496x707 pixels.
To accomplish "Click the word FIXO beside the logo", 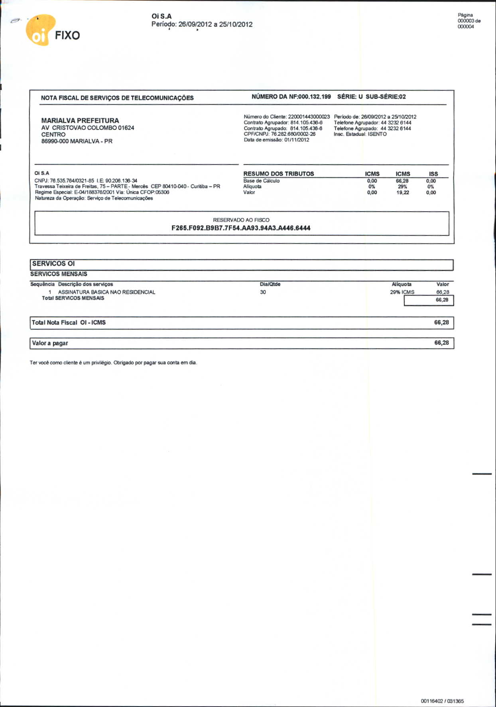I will pos(67,35).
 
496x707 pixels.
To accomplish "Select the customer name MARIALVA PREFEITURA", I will pos(80,120).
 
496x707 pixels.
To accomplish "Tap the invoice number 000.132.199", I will pos(315,96).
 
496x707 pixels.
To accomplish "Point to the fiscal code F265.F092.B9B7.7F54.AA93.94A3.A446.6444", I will pos(241,228).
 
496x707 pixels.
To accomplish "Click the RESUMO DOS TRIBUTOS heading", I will pos(279,174).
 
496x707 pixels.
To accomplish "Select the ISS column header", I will pos(433,174).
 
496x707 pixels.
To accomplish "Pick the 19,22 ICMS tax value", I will pos(403,192).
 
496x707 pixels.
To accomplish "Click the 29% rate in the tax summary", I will pos(402,187).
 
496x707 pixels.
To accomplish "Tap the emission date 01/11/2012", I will pos(297,140).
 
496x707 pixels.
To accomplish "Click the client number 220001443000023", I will pos(309,117).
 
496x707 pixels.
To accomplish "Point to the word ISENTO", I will pos(377,134).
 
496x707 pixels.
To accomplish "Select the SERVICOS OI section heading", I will pos(53,263).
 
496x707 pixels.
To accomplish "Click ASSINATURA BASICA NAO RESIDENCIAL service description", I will pos(106,292).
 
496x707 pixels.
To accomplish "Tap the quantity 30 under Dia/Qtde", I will pos(263,292).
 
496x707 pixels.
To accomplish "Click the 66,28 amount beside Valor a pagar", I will pos(441,343).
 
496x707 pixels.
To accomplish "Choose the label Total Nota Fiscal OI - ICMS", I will pos(69,322).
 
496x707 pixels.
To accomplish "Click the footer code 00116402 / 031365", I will pos(442,701).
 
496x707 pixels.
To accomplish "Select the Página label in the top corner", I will pos(465,15).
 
